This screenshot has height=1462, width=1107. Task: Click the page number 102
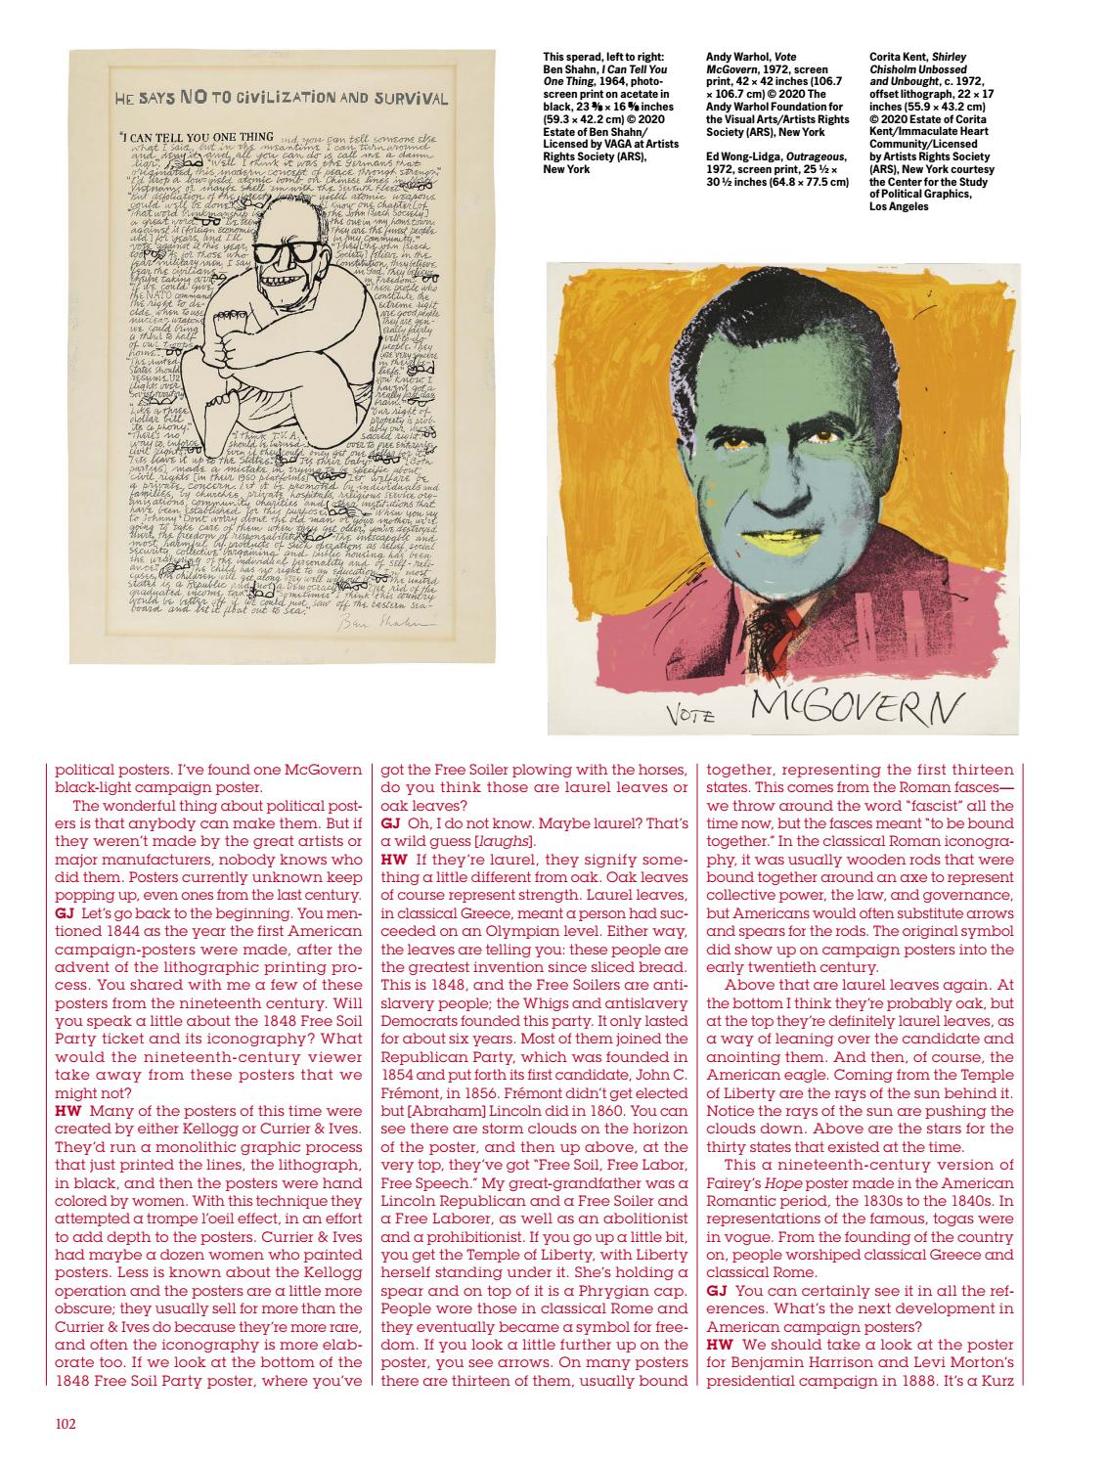[x=66, y=1423]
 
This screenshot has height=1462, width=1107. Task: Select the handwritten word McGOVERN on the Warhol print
[x=854, y=703]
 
